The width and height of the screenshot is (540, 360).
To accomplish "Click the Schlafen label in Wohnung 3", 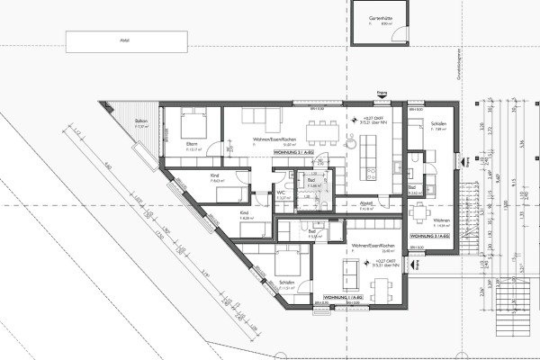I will point(439,123).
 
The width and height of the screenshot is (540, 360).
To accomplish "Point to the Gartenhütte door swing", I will point(397,36).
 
